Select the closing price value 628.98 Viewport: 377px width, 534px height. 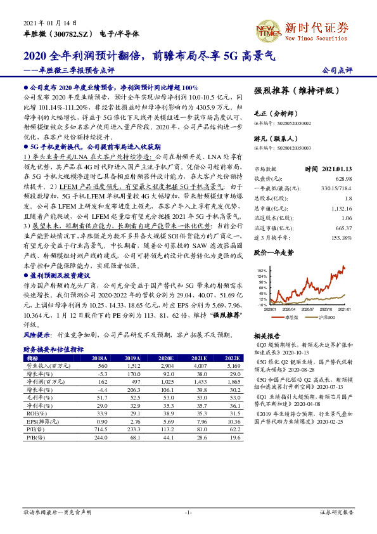(x=342, y=178)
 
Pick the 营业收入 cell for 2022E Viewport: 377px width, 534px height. (x=233, y=366)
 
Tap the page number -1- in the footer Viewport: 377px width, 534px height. (x=188, y=511)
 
